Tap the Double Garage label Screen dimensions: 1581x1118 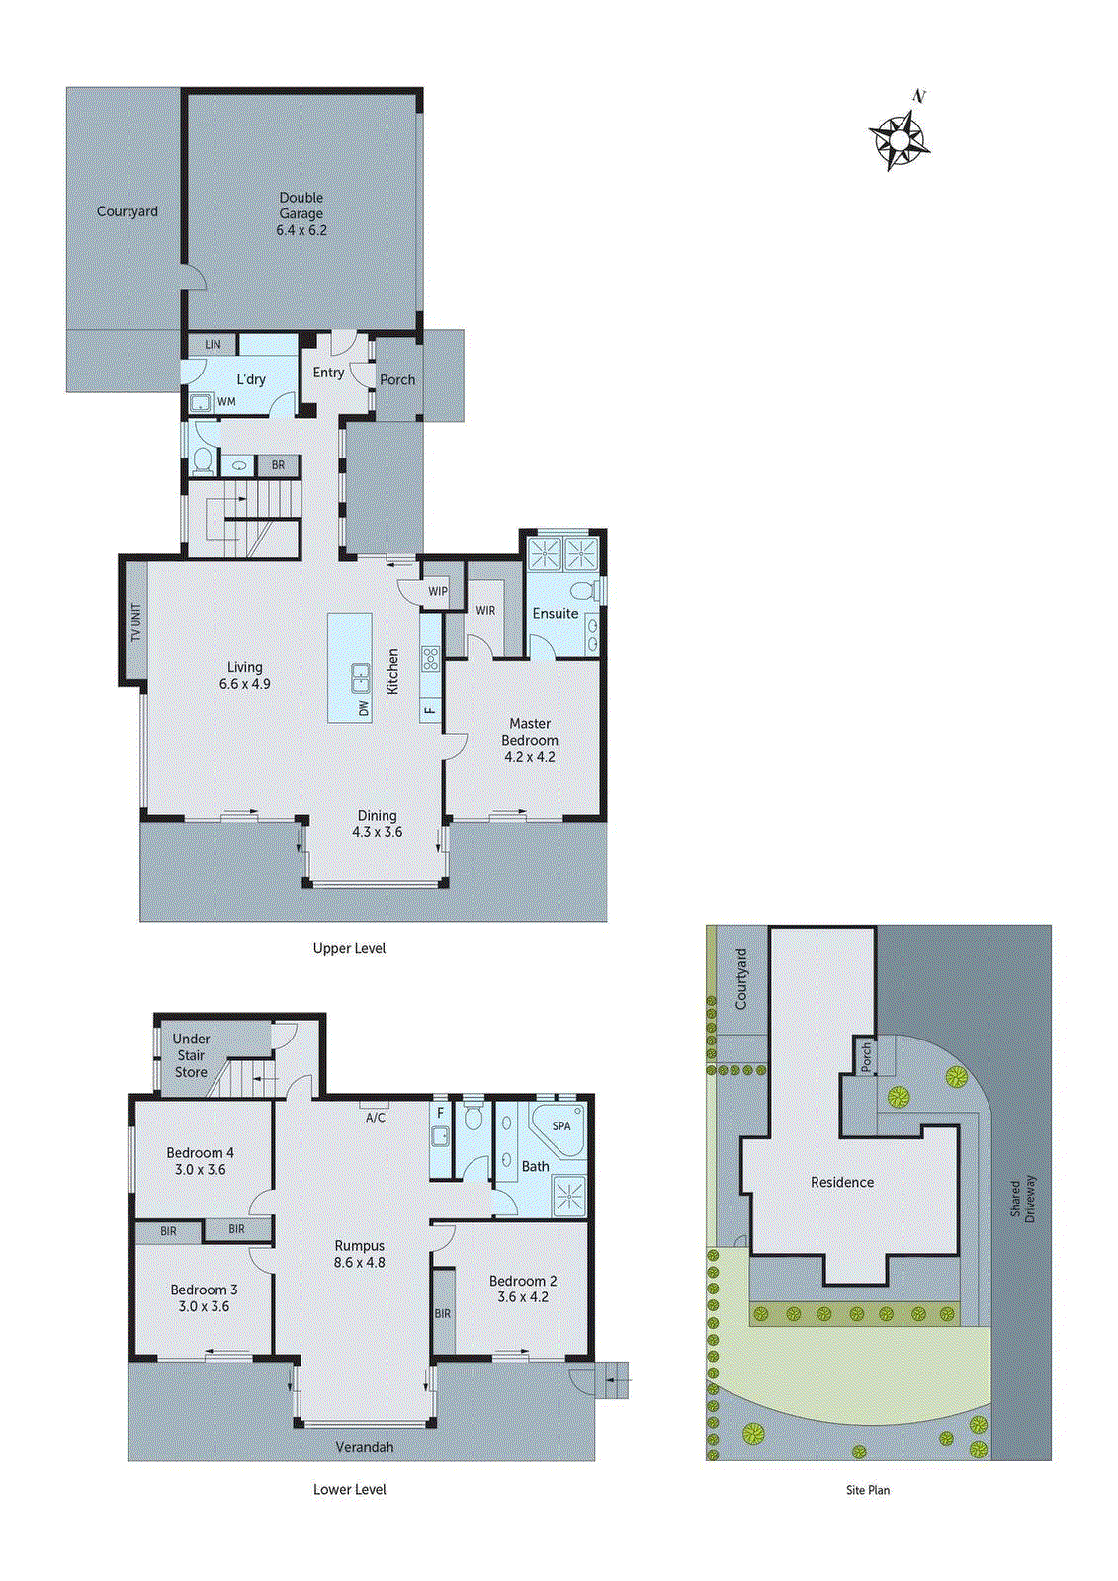301,206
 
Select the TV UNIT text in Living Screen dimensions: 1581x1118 135,623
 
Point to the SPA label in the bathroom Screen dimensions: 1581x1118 561,1125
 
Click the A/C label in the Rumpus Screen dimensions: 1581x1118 376,1118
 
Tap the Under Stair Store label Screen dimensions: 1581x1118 191,1055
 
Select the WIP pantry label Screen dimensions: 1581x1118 438,591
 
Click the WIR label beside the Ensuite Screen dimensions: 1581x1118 485,611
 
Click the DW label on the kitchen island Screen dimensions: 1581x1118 364,707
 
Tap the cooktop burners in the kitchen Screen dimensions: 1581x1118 430,659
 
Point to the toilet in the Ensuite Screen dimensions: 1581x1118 582,591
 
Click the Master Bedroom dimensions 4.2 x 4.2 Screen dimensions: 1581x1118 530,757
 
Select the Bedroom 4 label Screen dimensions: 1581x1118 200,1153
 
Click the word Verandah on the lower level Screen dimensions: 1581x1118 364,1447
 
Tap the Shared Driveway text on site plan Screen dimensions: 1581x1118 1022,1199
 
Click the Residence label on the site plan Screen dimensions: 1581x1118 842,1182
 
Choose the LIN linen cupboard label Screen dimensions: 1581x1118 213,344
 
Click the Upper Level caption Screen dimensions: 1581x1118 349,948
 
